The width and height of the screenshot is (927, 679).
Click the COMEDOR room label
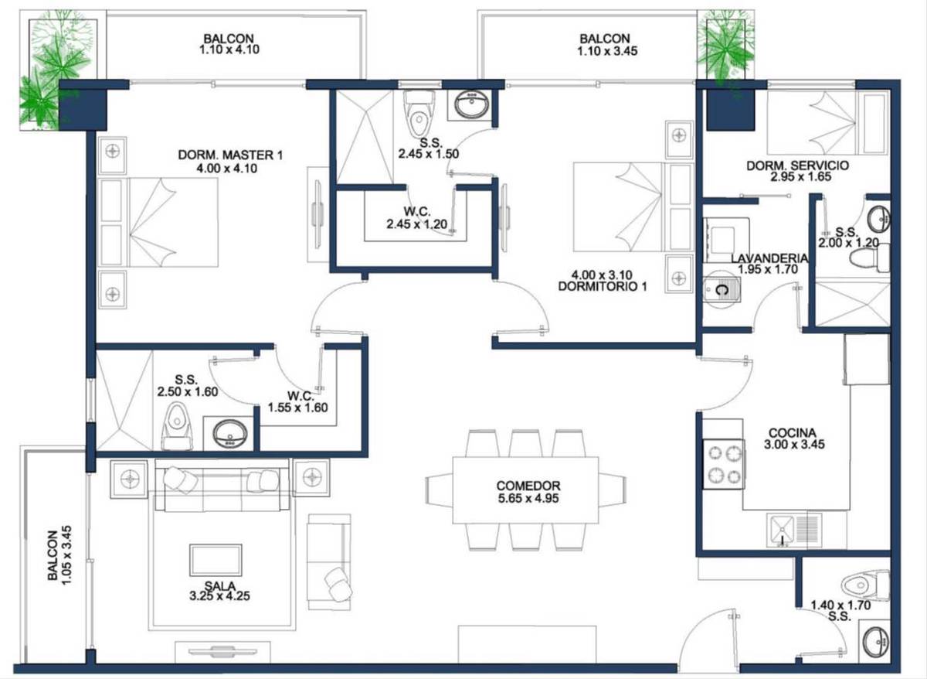tap(528, 486)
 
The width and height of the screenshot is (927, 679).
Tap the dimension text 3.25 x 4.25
tap(219, 596)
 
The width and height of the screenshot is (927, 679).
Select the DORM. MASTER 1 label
tap(230, 155)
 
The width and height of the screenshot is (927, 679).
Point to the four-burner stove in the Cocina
tap(725, 465)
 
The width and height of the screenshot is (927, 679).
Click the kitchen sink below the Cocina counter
tap(781, 531)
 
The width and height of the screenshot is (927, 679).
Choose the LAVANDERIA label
tap(769, 258)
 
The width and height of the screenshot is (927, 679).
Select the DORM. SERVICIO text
tap(797, 165)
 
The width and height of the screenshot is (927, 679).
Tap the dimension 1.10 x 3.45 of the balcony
tap(607, 51)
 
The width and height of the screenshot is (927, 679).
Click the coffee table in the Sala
tap(216, 560)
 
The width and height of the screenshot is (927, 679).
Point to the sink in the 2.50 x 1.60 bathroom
tap(229, 433)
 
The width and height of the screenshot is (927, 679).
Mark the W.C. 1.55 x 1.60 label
tap(297, 402)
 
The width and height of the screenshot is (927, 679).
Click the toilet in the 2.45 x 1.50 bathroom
tap(419, 114)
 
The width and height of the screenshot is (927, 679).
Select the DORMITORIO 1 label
tap(602, 286)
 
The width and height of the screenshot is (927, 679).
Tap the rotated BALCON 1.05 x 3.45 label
tap(59, 555)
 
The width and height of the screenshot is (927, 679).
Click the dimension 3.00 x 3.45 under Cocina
tap(794, 445)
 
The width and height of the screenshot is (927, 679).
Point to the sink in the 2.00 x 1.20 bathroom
tap(879, 219)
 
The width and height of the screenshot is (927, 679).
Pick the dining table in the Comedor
tap(525, 490)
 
